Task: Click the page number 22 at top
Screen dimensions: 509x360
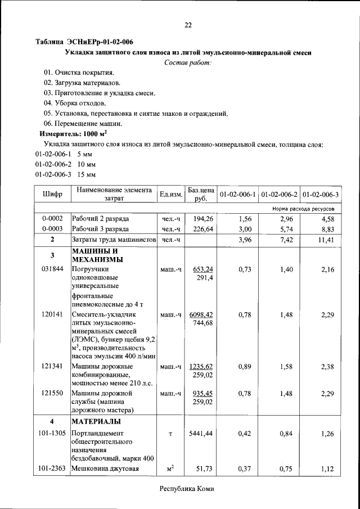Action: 188,25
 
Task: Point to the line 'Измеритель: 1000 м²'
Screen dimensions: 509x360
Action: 73,134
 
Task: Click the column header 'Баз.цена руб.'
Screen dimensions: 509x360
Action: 201,194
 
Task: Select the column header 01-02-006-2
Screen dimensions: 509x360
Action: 279,195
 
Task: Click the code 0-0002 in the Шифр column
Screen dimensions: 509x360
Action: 52,218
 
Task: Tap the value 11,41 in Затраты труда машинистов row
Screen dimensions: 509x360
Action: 326,240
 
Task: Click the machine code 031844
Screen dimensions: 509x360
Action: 52,269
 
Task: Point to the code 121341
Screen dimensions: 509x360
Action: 52,366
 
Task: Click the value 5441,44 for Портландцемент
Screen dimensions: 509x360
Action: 201,434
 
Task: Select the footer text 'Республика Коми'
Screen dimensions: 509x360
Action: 187,489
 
